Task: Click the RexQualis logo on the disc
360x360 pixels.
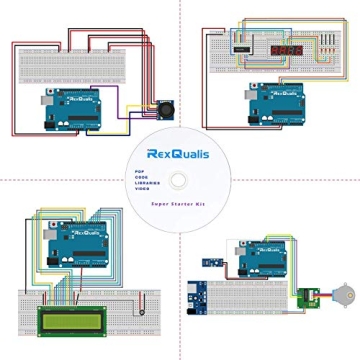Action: [181, 154]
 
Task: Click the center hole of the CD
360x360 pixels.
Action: [180, 180]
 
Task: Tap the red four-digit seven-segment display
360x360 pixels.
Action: [287, 45]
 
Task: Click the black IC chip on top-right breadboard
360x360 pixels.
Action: [244, 44]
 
